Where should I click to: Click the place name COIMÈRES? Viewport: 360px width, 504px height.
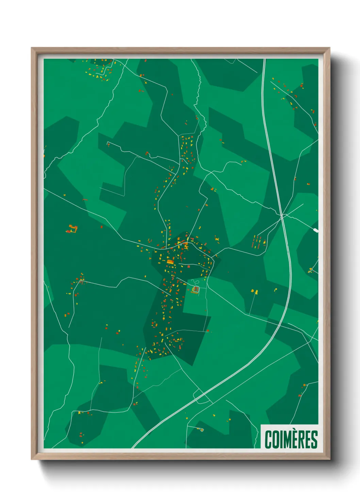291,439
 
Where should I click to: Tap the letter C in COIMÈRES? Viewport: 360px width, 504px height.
268,440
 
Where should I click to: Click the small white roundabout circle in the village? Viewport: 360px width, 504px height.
181,244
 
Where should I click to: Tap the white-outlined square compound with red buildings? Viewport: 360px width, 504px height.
196,289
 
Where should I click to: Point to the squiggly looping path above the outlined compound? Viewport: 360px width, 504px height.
195,282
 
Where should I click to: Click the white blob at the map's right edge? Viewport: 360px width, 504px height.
316,231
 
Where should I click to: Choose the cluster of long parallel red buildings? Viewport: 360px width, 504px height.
259,241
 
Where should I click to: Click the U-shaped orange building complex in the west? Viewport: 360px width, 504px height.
72,229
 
